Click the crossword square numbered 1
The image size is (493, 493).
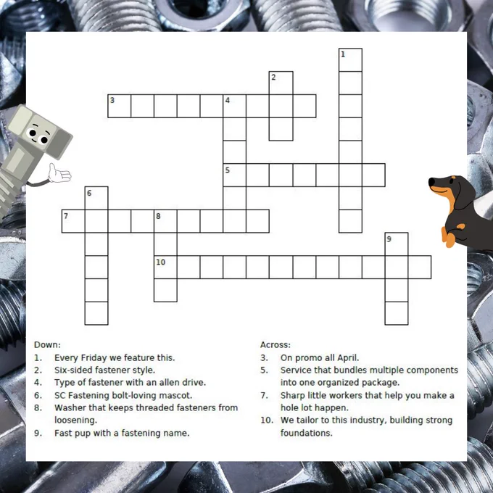350,59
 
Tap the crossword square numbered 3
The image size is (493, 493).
119,106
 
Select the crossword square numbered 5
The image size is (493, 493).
235,175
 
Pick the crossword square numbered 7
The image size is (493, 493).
73,221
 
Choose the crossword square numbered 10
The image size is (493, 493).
165,268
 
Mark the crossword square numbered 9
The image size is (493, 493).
397,244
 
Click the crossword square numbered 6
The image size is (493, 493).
96,198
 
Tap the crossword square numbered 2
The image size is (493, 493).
281,83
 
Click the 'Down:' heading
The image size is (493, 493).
47,344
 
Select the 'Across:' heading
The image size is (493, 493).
275,344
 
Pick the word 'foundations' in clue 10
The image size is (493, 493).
306,434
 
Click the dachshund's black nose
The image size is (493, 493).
431,183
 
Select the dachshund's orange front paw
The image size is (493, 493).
448,239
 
